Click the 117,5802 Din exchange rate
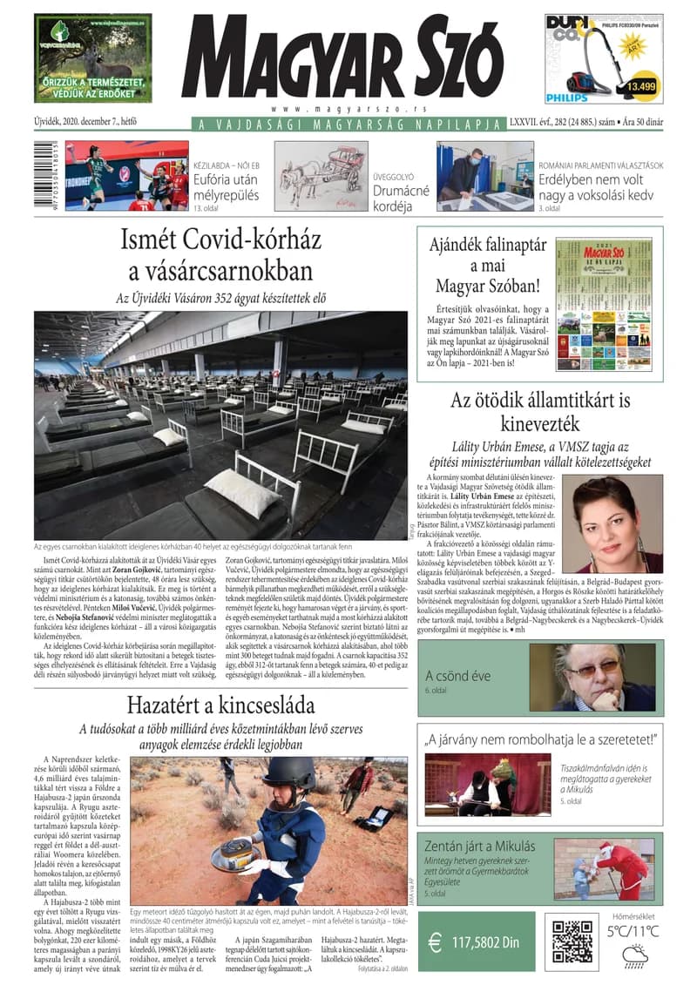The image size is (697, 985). [485, 941]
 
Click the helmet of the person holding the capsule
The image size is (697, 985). [288, 774]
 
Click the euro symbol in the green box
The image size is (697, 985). [435, 941]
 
